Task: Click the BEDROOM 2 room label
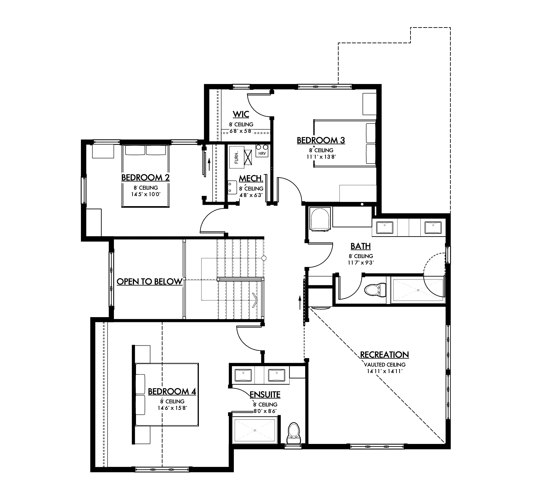coord(146,178)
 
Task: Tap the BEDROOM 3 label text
coord(321,140)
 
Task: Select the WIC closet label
coord(241,114)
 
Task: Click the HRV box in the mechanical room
coord(262,154)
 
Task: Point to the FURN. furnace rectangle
coord(237,157)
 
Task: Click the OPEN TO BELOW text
coord(149,282)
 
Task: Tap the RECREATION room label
coord(384,355)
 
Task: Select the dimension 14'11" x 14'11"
coord(384,371)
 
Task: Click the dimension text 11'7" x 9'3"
coord(361,263)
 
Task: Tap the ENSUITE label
coord(265,395)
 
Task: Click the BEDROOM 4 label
coord(172,391)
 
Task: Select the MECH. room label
coord(251,179)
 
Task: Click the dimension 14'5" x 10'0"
coord(146,194)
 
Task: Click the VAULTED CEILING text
coord(385,365)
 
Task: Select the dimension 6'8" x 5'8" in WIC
coord(241,131)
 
